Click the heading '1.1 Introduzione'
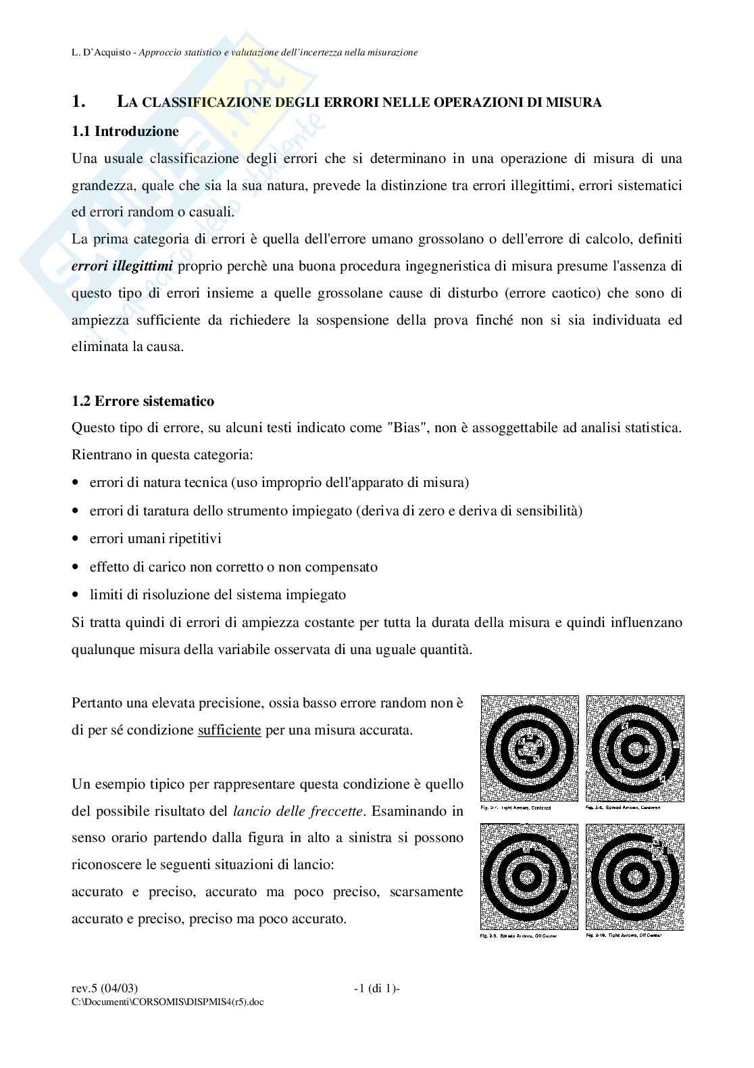(125, 131)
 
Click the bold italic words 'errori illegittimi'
(122, 266)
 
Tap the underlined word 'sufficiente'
(229, 731)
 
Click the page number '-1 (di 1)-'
(377, 989)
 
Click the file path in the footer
(167, 1002)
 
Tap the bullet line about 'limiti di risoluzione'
(218, 595)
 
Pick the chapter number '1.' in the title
(78, 102)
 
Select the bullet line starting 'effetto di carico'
(233, 567)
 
